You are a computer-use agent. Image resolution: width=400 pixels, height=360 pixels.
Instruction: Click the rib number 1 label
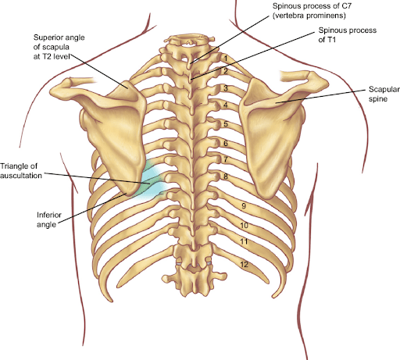226,58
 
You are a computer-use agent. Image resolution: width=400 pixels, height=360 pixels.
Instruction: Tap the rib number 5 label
226,123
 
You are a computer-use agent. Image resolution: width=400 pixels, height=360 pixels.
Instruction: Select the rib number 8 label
226,176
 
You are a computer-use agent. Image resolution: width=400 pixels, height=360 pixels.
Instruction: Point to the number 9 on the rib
244,206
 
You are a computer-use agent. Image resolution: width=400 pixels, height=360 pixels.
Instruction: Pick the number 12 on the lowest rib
244,265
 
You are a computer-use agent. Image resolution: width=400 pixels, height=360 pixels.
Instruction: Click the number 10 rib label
244,225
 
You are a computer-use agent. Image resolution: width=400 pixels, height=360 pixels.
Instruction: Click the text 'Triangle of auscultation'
21,171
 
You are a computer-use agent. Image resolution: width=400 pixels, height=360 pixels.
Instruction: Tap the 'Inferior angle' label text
49,219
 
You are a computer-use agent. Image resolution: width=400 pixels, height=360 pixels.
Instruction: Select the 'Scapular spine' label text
384,94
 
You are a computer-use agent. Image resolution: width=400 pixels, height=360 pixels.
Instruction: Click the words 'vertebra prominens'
309,16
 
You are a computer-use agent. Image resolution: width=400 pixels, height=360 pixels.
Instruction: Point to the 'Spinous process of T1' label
348,35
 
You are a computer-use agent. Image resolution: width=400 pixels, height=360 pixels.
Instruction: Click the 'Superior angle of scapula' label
59,42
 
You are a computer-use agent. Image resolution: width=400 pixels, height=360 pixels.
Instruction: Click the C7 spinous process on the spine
190,62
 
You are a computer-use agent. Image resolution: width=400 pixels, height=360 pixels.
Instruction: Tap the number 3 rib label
226,88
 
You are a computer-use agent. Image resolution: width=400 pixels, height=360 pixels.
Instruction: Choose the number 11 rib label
244,242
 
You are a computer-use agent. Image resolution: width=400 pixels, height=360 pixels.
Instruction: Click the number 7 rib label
226,159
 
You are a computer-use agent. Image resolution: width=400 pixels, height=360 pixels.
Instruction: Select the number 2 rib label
226,71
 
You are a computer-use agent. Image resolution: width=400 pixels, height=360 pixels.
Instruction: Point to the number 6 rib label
226,143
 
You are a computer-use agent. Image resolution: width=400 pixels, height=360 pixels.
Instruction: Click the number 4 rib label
226,105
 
